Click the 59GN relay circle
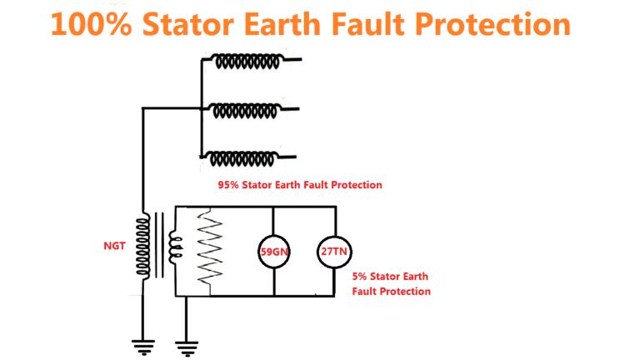275,250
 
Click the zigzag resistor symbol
208,248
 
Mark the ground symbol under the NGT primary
143,343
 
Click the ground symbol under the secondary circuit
186,343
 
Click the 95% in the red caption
228,185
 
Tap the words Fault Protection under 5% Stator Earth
391,291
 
